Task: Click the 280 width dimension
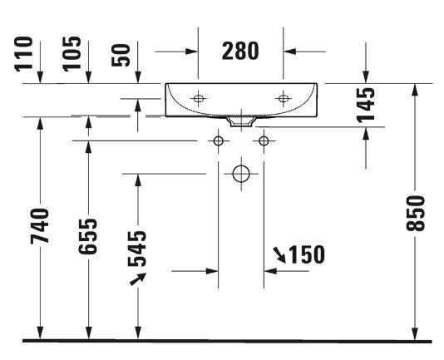pos(240,51)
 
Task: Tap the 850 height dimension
pos(416,214)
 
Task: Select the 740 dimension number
pos(40,226)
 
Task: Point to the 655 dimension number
pos(88,236)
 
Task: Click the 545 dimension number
pos(137,249)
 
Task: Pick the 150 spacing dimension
pos(306,254)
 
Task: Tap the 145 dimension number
pos(366,106)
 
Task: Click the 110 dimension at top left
pos(23,54)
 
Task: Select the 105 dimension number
pos(72,54)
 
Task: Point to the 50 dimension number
pos(121,55)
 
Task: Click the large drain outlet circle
pos(241,174)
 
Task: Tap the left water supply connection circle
pos(218,141)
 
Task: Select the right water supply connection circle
pos(264,141)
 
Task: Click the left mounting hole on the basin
pos(198,99)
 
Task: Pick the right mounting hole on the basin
pos(284,99)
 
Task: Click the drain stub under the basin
pos(241,121)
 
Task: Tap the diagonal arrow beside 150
pos(279,254)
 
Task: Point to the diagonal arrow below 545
pos(138,279)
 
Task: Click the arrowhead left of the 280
pos(191,52)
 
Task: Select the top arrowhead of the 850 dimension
pos(415,91)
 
